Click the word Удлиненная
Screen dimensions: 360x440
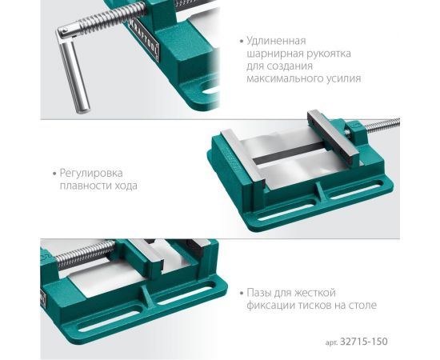click(277, 40)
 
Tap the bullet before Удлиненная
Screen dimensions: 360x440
click(241, 40)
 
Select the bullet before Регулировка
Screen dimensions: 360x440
click(54, 172)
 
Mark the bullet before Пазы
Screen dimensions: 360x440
click(242, 292)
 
